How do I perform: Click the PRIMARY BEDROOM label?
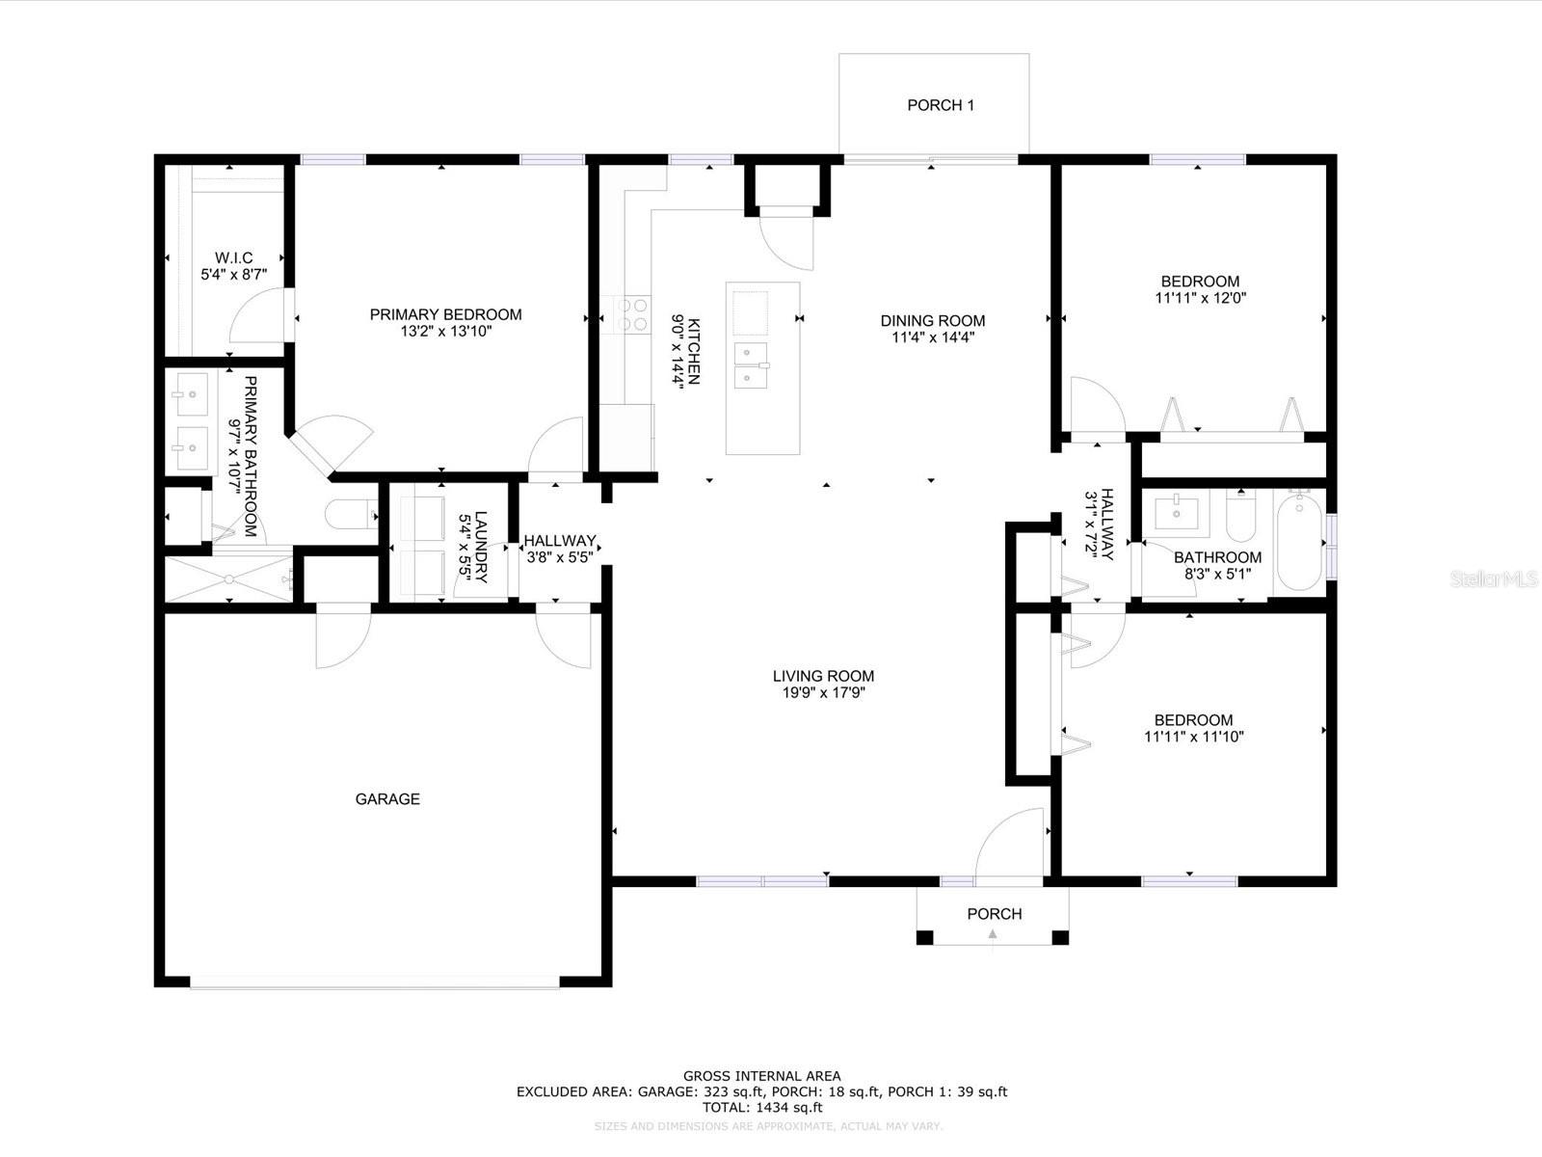click(x=445, y=314)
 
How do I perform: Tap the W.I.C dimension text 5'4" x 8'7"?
click(x=233, y=275)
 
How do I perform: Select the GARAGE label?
click(x=387, y=798)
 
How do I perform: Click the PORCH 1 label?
click(x=941, y=105)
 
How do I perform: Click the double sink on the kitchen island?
click(x=752, y=364)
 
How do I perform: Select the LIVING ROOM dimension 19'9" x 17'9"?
click(x=823, y=692)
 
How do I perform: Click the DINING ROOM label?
click(x=933, y=321)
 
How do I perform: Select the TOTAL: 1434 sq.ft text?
click(x=761, y=1108)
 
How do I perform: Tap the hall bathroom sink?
click(x=1176, y=512)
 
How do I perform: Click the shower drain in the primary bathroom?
click(x=229, y=579)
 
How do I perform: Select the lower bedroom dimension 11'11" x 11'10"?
click(x=1194, y=737)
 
